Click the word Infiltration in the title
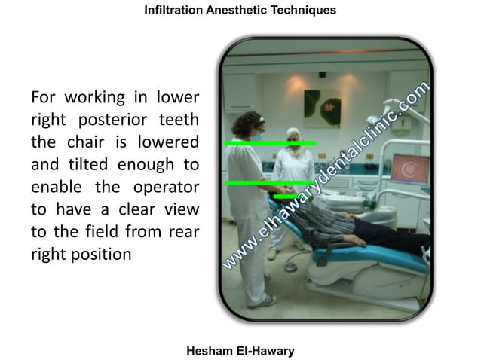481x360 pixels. pyautogui.click(x=173, y=11)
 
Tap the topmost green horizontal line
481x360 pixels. pyautogui.click(x=270, y=142)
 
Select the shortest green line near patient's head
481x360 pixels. pyautogui.click(x=284, y=197)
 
